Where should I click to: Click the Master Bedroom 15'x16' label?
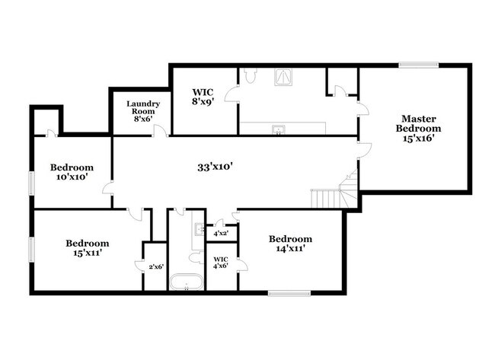click(x=418, y=129)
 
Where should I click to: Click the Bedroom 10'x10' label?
click(x=72, y=172)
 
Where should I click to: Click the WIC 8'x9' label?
click(x=202, y=97)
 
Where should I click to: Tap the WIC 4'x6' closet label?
click(x=221, y=261)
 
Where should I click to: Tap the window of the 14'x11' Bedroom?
click(x=289, y=292)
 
